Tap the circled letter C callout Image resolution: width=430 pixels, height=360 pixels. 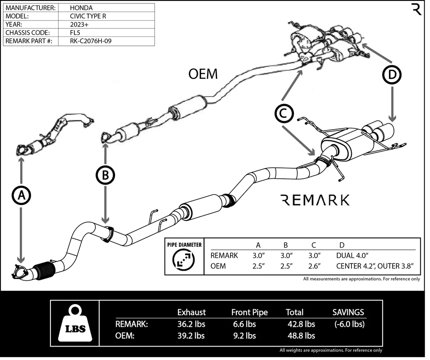(x=283, y=113)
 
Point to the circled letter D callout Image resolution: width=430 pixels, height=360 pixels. (x=391, y=75)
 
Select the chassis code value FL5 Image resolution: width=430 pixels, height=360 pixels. (x=76, y=33)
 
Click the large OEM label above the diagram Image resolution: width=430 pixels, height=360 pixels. (x=203, y=74)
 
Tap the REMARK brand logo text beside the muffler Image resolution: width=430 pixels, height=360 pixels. (x=315, y=200)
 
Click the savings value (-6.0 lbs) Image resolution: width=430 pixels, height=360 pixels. (x=350, y=324)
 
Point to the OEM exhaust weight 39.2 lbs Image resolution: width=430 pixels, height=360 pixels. (x=191, y=335)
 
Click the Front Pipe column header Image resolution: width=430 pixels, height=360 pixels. (x=249, y=312)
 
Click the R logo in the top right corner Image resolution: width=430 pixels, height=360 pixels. (x=416, y=9)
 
